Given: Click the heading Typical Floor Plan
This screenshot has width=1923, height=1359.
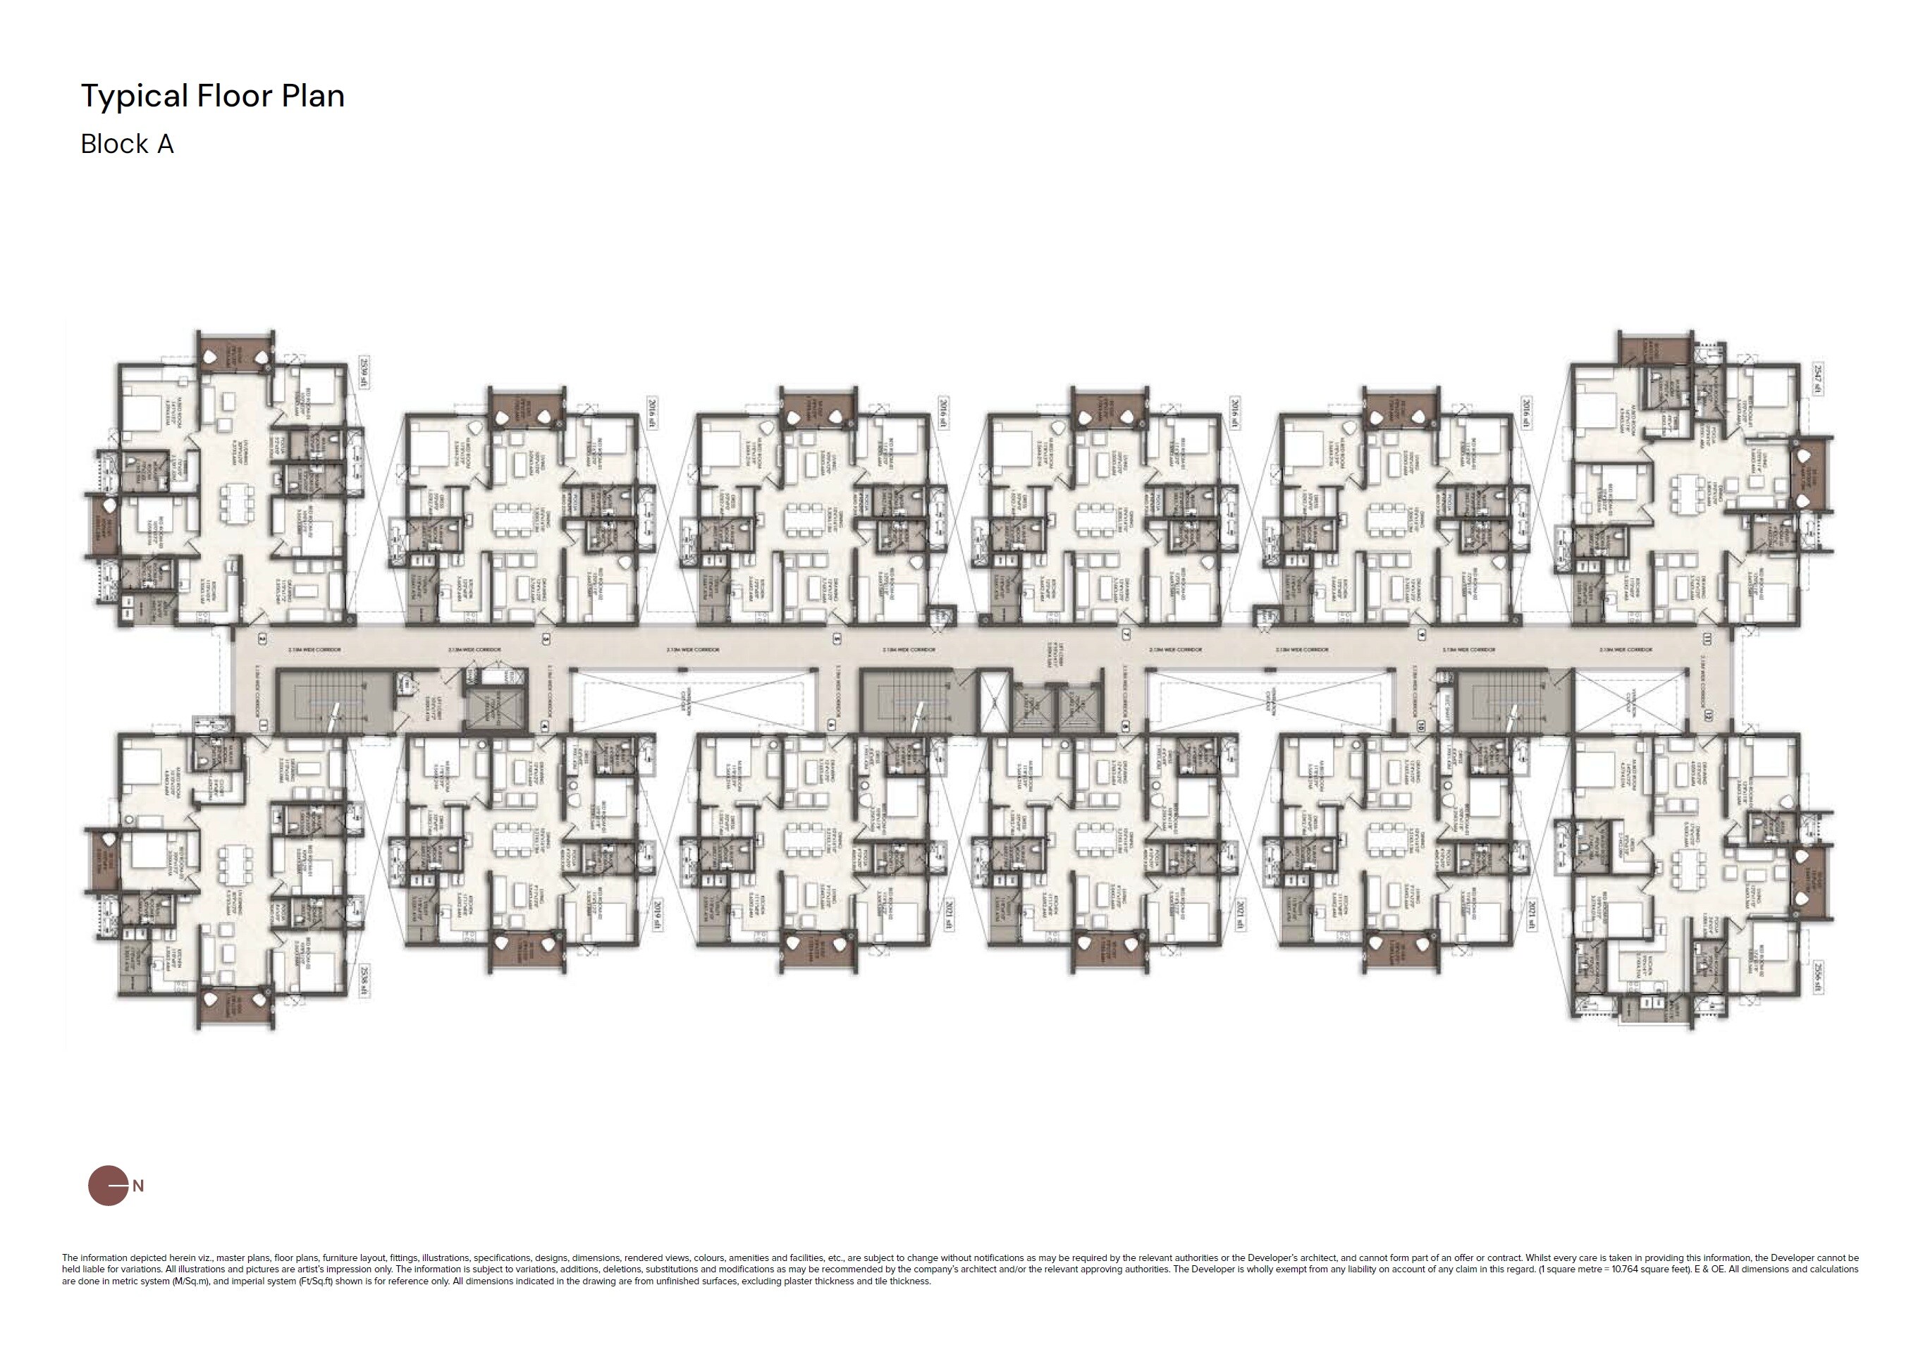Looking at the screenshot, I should pos(213,97).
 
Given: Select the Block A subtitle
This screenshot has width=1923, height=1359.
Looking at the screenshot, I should pos(128,144).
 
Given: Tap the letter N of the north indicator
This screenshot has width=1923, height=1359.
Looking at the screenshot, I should pos(138,1186).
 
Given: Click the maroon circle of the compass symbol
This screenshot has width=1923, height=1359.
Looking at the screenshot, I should pos(106,1186).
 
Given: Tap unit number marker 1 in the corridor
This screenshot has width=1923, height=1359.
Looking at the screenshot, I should pos(262,727).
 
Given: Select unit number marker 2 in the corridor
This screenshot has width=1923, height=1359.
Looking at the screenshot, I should pos(262,639).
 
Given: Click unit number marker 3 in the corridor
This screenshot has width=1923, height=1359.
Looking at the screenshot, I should pos(546,639).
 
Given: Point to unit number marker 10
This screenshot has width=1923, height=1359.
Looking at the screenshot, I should pos(1420,727).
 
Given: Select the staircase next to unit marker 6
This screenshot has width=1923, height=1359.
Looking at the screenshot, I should pos(917,701).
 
